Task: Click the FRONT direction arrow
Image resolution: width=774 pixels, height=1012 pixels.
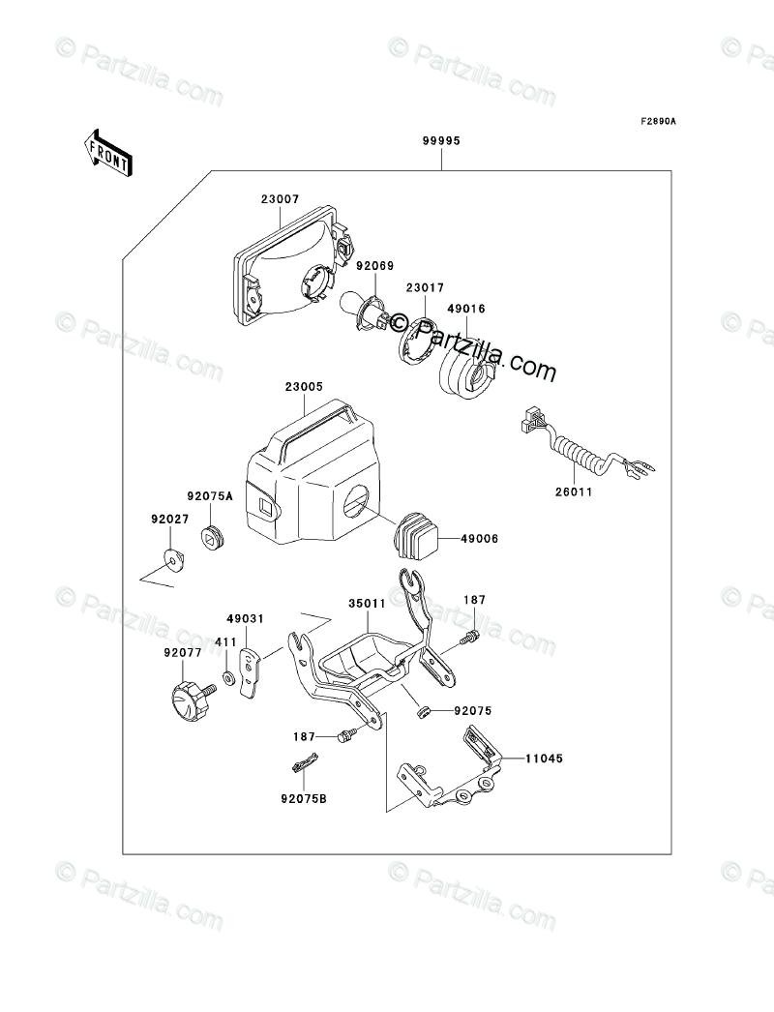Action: click(107, 153)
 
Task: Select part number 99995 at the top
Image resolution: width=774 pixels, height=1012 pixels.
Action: click(440, 140)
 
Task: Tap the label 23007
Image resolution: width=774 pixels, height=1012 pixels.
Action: click(280, 200)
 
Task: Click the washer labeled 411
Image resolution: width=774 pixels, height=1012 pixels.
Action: click(227, 677)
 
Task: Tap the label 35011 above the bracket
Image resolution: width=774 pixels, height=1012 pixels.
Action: click(368, 602)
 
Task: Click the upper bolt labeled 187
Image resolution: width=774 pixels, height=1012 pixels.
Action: click(472, 636)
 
